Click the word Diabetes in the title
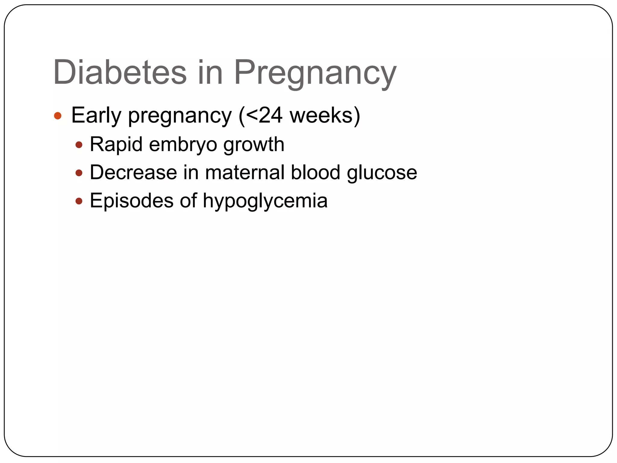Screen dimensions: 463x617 pyautogui.click(x=120, y=73)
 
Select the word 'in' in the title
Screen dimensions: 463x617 pyautogui.click(x=210, y=73)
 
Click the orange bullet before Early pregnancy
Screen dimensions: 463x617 pyautogui.click(x=58, y=116)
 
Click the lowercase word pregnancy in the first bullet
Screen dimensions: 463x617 pyautogui.click(x=180, y=116)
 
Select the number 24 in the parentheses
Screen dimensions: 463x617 pyautogui.click(x=270, y=115)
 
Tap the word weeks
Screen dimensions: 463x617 pyautogui.click(x=321, y=115)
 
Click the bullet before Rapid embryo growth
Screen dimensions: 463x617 pyautogui.click(x=79, y=145)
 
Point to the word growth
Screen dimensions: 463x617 pyautogui.click(x=254, y=145)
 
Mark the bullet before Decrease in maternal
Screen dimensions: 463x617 pyautogui.click(x=79, y=173)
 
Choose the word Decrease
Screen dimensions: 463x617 pyautogui.click(x=133, y=172)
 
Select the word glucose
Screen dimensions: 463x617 pyautogui.click(x=382, y=173)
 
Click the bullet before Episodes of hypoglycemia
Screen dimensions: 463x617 pyautogui.click(x=79, y=201)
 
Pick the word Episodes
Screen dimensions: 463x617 pyautogui.click(x=131, y=201)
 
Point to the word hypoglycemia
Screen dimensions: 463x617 pyautogui.click(x=265, y=201)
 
